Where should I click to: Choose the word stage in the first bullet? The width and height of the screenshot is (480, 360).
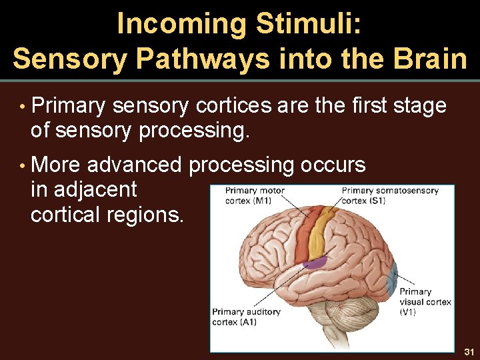[419, 106]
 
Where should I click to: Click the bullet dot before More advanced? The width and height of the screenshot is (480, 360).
[22, 165]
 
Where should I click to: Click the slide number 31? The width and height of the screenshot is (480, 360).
[469, 351]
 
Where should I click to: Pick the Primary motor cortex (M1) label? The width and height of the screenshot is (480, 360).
[254, 196]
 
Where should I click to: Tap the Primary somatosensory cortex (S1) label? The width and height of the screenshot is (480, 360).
[390, 196]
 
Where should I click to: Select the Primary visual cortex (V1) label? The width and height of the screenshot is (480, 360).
[425, 301]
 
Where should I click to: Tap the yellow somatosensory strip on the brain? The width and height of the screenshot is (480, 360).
[321, 229]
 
